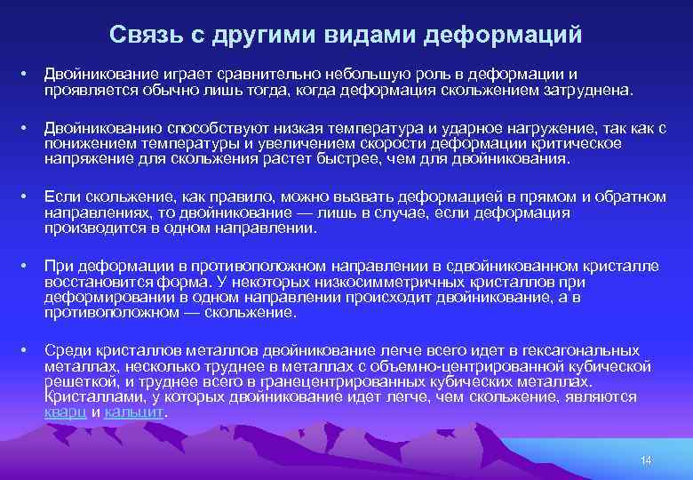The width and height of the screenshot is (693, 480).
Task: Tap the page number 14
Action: (x=646, y=460)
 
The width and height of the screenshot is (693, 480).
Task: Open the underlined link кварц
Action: (x=65, y=412)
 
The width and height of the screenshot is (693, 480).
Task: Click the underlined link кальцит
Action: (x=134, y=412)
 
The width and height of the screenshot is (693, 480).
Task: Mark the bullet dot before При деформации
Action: (x=28, y=267)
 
